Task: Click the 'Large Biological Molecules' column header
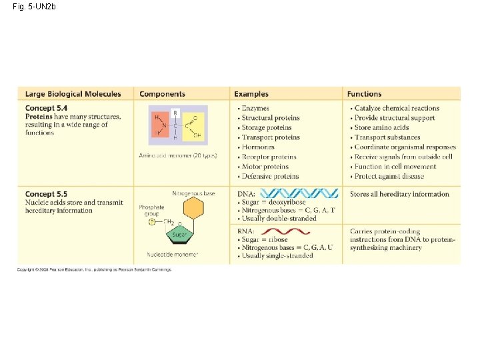(73, 94)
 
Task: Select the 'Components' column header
(162, 94)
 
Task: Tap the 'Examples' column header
(251, 94)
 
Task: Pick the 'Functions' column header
(364, 94)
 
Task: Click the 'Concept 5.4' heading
(46, 108)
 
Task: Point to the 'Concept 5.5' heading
(46, 194)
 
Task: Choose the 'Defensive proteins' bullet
(270, 177)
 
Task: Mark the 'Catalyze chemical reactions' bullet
(397, 108)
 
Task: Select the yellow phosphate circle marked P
(152, 222)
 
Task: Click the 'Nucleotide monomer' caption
(173, 255)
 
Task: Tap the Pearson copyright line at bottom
(94, 269)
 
